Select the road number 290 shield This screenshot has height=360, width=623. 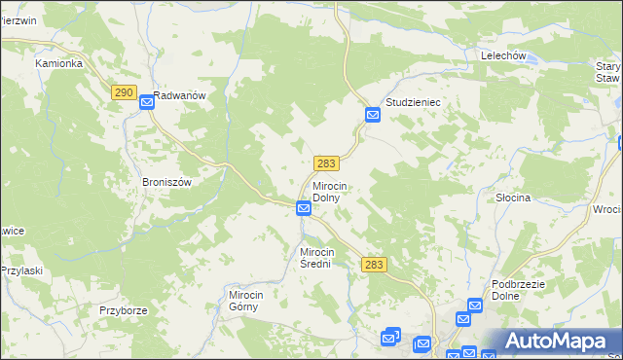point(123,92)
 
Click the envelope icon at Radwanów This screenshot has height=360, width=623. point(146,100)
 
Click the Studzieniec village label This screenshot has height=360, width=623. point(414,101)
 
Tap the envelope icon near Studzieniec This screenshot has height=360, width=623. point(373,116)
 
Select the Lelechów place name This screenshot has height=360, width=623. point(503,56)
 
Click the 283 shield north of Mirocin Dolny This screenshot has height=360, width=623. point(326,162)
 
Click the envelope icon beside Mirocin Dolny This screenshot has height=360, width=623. point(304,208)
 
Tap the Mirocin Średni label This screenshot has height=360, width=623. point(323,258)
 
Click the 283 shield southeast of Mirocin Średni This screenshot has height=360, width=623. point(374,264)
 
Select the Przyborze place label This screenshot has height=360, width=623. point(123,310)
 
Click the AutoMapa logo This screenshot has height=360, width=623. point(552,341)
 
